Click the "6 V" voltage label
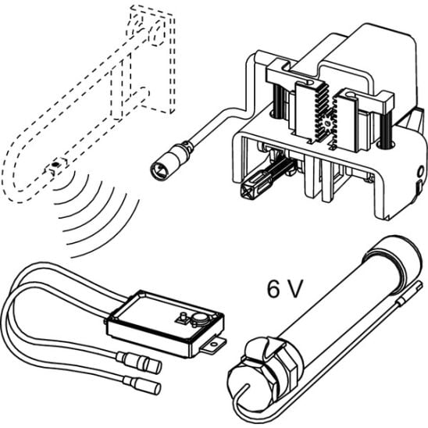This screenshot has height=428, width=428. coord(285,289)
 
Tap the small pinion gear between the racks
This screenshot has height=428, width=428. coord(327,124)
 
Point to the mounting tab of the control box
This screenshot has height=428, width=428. coord(213,345)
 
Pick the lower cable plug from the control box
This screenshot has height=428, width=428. coord(142,384)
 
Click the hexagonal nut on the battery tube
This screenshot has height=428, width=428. coord(258,376)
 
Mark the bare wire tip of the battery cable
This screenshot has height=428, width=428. coord(419,286)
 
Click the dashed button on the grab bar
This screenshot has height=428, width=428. coord(55,164)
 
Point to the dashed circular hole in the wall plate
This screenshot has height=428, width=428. coord(157,34)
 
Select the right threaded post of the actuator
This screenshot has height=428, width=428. coord(386,127)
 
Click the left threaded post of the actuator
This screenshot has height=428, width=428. coord(277,100)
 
